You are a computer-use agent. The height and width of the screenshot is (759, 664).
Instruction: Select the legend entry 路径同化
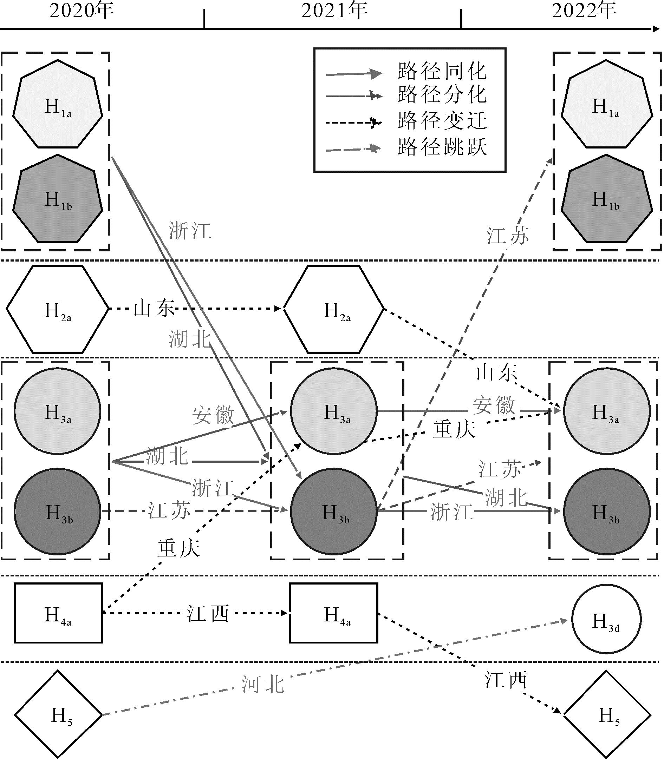click(x=442, y=71)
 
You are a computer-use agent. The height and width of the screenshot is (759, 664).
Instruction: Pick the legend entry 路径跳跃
click(x=442, y=147)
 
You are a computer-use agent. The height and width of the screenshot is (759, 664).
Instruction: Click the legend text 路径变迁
click(x=442, y=121)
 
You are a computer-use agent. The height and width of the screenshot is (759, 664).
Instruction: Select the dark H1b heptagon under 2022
click(x=607, y=199)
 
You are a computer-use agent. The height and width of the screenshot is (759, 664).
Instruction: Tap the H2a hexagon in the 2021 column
click(x=334, y=310)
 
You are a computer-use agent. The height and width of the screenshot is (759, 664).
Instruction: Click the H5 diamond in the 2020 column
click(x=58, y=714)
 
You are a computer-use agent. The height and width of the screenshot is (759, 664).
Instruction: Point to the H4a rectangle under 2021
click(x=333, y=613)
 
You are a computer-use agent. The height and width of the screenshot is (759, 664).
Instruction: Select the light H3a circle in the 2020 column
click(x=57, y=411)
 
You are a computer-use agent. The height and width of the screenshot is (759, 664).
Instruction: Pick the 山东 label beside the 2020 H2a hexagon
click(x=154, y=309)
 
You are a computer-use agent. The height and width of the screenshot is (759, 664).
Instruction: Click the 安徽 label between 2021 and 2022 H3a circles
click(x=494, y=405)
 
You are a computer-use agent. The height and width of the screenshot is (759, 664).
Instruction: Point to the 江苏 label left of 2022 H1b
click(x=508, y=236)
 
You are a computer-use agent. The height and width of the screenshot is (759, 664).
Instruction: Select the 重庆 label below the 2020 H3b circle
click(x=179, y=549)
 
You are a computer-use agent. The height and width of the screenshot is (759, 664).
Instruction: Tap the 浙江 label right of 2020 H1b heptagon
click(x=190, y=231)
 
